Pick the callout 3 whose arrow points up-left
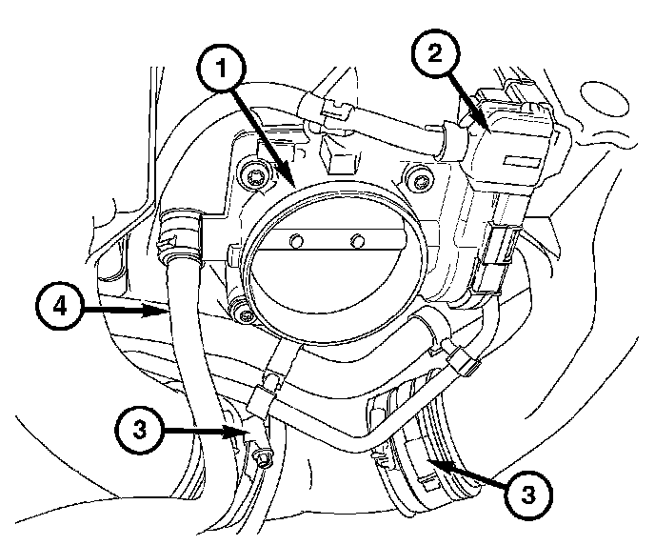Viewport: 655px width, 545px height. (529, 494)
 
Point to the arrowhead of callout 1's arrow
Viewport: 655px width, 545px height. (296, 184)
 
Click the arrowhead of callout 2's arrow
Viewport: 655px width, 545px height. (487, 129)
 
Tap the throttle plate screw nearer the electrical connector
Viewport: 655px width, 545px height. (358, 239)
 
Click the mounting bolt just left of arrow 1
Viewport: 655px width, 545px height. (253, 174)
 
